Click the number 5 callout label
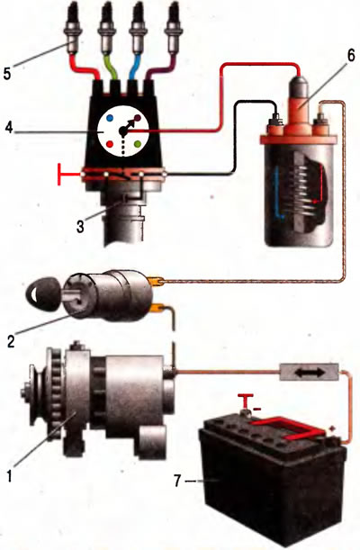(7, 72)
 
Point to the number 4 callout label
(9, 128)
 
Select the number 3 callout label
(80, 227)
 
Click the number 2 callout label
(11, 341)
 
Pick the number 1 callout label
(11, 475)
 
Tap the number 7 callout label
(178, 482)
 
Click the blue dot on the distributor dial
(110, 118)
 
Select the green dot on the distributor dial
(138, 143)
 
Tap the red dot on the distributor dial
(110, 143)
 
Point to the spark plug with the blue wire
(137, 30)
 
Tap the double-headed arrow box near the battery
(309, 372)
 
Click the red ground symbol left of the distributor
(69, 174)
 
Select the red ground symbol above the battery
(247, 401)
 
